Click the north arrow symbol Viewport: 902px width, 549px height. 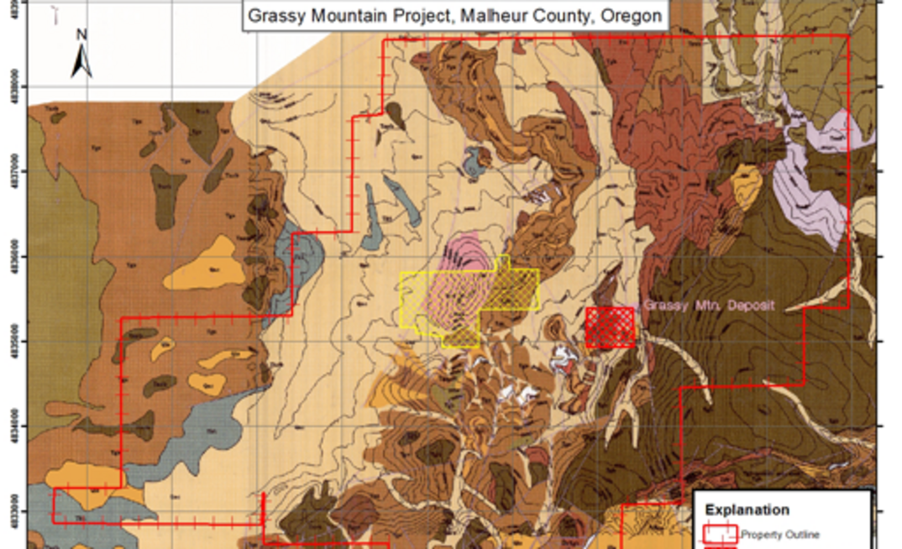(x=81, y=60)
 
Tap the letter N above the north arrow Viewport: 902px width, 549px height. (x=81, y=35)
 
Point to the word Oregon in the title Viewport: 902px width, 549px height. (x=630, y=16)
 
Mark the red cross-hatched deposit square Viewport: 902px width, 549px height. (x=610, y=327)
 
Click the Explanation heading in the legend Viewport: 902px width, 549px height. (x=747, y=510)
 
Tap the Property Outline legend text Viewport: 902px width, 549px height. (x=779, y=535)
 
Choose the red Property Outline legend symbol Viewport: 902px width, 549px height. (x=721, y=534)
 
